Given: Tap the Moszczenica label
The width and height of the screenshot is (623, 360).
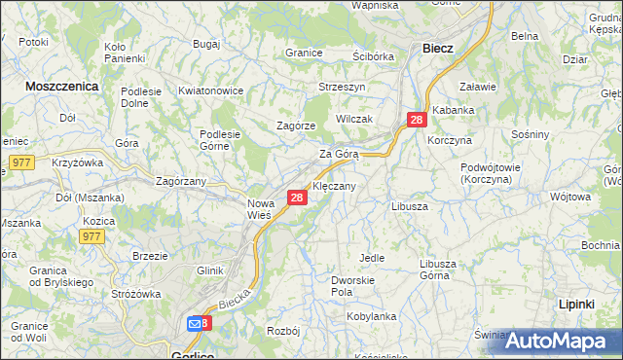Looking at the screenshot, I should tap(61, 86).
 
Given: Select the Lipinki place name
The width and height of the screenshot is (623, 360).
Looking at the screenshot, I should tap(577, 305).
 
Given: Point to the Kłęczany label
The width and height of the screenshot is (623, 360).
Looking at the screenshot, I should tap(334, 185).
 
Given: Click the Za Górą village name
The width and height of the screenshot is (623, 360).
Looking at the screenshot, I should tap(340, 154).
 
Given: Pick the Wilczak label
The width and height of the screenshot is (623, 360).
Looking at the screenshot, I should tap(354, 118).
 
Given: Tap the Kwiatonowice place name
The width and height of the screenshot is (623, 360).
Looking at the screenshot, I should tap(210, 90).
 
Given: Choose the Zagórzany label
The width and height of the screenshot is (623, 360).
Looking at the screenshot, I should tap(181, 180).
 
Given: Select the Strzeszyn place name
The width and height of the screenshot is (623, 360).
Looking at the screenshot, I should tap(341, 87).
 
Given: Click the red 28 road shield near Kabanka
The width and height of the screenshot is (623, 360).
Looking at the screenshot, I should tap(417, 120).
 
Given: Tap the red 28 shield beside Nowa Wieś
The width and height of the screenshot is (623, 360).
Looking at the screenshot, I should tap(298, 198).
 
